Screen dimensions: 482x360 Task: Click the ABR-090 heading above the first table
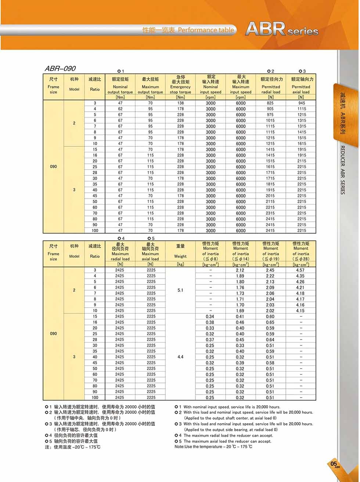(60, 69)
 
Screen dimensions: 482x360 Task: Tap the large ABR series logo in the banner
(281, 29)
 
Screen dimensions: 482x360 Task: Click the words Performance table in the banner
(206, 30)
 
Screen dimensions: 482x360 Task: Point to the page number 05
(334, 464)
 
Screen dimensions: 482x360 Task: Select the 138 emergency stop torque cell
(180, 103)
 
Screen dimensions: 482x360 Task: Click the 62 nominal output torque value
(120, 109)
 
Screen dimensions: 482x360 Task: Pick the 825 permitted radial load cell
(270, 103)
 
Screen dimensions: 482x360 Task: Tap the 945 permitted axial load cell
(301, 103)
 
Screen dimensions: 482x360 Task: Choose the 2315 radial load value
(270, 213)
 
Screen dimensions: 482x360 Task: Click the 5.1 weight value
(180, 290)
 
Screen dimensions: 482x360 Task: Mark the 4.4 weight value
(180, 357)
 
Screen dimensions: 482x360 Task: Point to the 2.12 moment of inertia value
(240, 270)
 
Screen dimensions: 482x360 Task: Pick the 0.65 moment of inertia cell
(270, 322)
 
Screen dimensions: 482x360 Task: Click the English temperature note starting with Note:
(213, 446)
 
